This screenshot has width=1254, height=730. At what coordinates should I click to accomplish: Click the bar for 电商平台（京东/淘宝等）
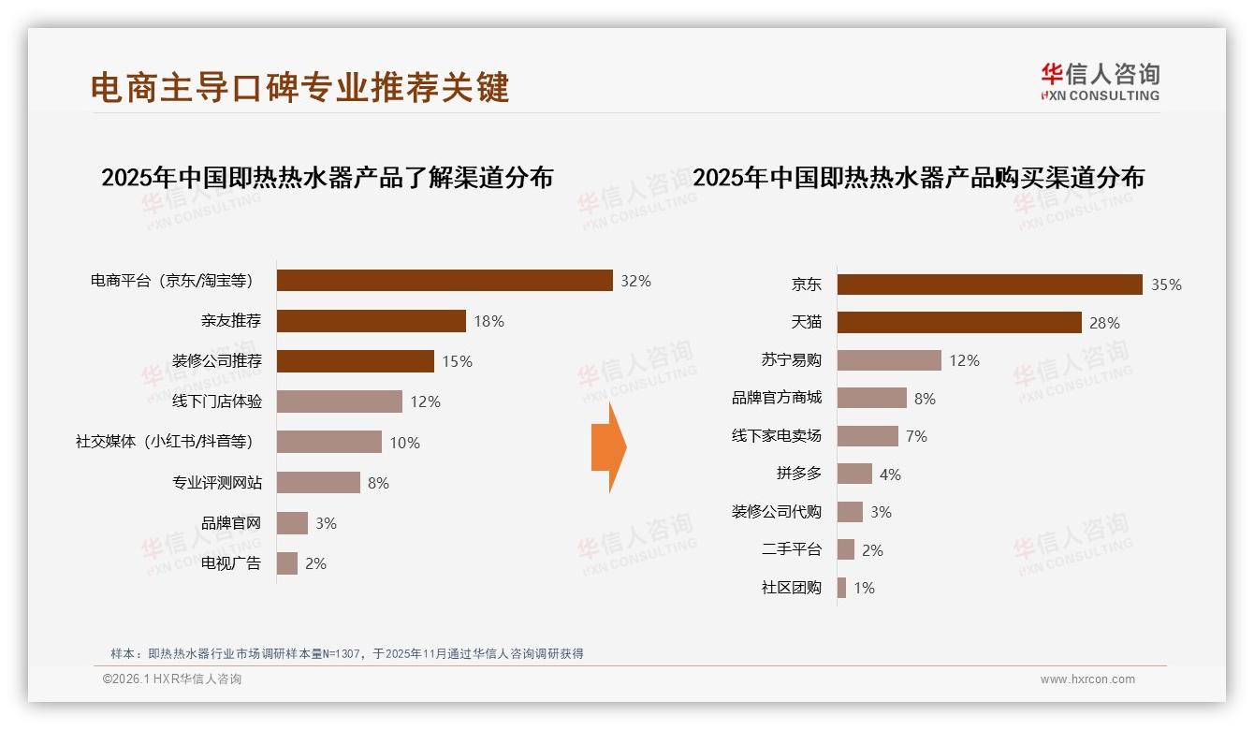[445, 281]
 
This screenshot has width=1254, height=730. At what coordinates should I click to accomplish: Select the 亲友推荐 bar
[372, 321]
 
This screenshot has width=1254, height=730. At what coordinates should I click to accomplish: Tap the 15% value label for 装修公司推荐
[458, 361]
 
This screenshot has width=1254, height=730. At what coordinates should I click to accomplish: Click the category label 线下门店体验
[217, 401]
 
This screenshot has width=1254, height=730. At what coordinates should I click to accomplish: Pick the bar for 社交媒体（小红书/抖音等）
[329, 442]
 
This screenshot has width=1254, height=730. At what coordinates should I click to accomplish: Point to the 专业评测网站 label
[217, 483]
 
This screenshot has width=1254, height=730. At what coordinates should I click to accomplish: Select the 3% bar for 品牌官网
[292, 523]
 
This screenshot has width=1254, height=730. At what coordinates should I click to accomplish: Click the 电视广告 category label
[231, 563]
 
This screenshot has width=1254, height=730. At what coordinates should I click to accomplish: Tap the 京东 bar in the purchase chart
[989, 285]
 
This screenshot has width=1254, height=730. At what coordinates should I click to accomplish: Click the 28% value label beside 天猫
[1104, 323]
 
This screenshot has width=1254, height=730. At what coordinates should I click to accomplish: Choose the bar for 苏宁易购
[889, 360]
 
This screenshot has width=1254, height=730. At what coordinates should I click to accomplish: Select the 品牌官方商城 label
[777, 398]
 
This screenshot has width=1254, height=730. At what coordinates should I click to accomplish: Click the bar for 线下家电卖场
[868, 436]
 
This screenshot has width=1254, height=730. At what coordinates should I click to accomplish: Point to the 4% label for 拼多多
[890, 474]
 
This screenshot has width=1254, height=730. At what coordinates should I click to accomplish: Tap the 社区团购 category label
[792, 588]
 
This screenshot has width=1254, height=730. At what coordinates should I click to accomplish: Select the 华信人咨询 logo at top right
[1100, 81]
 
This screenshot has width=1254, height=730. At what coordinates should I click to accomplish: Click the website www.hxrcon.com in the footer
[1087, 679]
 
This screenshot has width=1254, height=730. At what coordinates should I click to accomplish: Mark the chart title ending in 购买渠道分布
[918, 178]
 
